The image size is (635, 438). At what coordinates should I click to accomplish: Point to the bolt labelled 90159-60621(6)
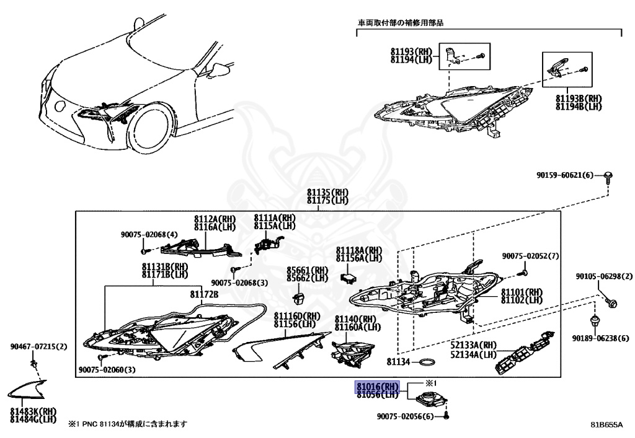tap(608, 177)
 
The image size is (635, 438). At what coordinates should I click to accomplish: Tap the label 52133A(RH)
tap(474, 345)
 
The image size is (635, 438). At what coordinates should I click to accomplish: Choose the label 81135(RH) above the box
tap(328, 193)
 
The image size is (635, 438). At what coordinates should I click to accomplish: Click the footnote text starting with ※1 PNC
tap(127, 424)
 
